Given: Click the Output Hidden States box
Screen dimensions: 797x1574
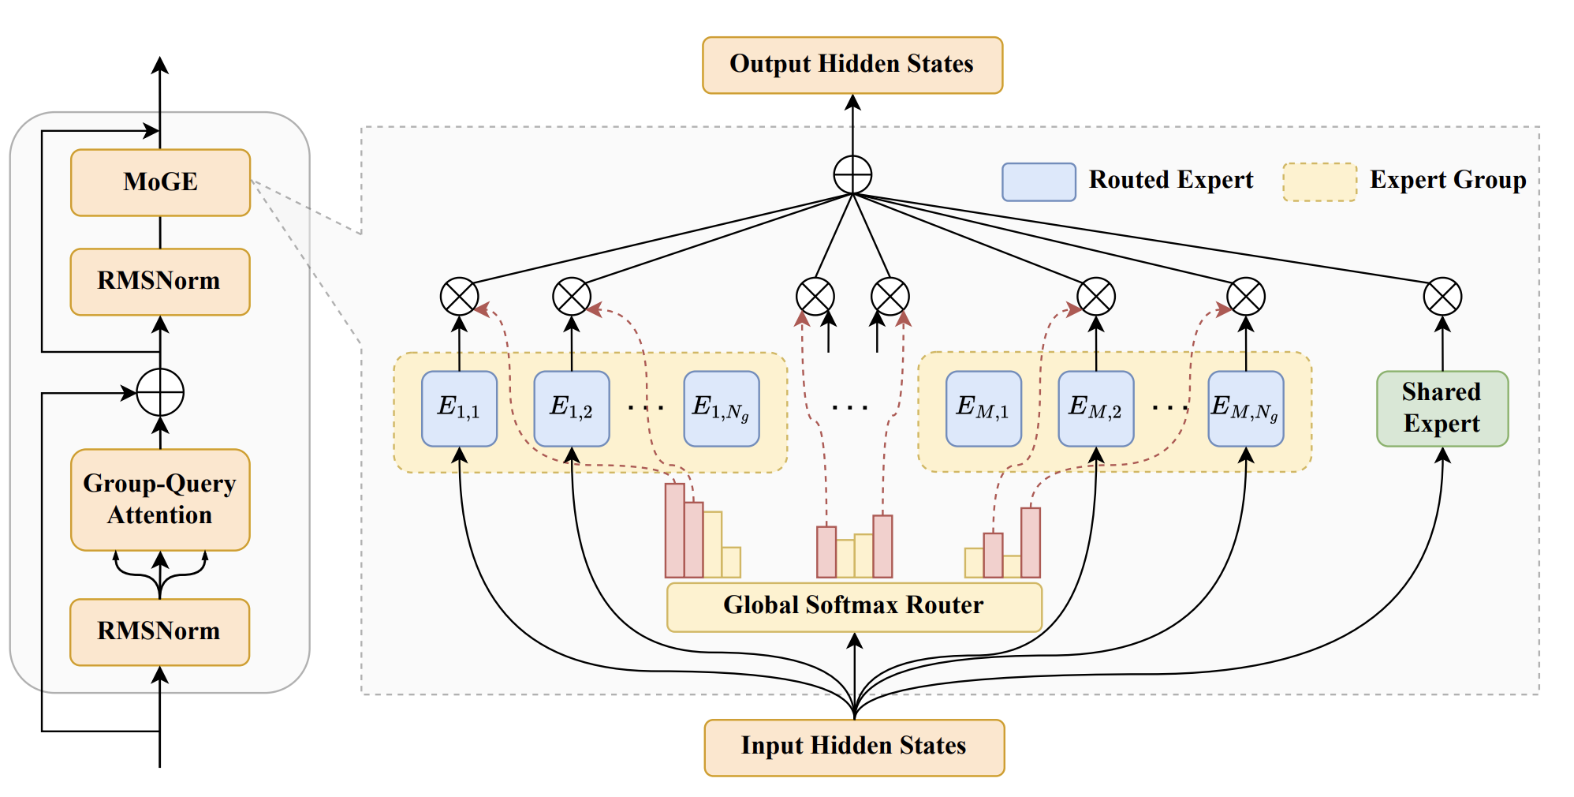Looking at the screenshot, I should (x=852, y=65).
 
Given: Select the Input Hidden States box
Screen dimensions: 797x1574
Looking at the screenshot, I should (x=854, y=746).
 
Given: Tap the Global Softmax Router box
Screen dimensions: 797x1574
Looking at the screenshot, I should (x=854, y=606).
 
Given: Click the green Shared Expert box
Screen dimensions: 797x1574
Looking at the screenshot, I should (x=1442, y=409).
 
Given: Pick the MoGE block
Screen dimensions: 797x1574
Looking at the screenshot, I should (x=160, y=182).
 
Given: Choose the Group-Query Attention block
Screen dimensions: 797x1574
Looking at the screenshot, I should (x=160, y=500).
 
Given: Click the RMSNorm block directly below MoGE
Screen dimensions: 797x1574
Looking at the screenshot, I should (x=160, y=282).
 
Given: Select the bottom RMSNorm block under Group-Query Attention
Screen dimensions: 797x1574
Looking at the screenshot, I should (x=160, y=632).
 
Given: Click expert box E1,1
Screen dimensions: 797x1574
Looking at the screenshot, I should (x=459, y=409).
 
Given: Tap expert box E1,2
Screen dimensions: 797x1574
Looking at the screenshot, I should (x=572, y=409).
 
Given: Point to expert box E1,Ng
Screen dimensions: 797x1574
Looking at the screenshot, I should (x=721, y=409).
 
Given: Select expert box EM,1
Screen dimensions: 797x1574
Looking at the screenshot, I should (x=983, y=409).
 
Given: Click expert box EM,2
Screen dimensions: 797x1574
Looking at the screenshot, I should (x=1095, y=409).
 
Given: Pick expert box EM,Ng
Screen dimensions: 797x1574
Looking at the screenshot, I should (x=1245, y=409).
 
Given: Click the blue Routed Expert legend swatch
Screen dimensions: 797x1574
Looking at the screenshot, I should (x=1039, y=181).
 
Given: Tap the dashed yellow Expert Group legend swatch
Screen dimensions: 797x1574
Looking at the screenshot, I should (x=1319, y=181).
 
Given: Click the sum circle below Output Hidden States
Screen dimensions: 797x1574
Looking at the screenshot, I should (x=852, y=174).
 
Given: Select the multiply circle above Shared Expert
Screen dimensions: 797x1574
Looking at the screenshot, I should (x=1442, y=297).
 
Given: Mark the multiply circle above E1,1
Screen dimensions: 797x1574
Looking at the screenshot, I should (x=459, y=297).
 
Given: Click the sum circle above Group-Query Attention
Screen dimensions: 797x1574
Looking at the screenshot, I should (x=160, y=392).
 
